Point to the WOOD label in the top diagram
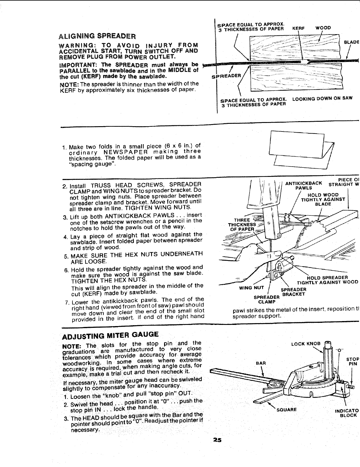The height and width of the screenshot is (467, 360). point(323,28)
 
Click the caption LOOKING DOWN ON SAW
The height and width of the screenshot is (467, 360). point(322,98)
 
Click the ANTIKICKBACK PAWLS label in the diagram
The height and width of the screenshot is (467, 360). point(303,186)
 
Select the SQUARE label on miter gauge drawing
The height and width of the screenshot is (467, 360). point(285,410)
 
